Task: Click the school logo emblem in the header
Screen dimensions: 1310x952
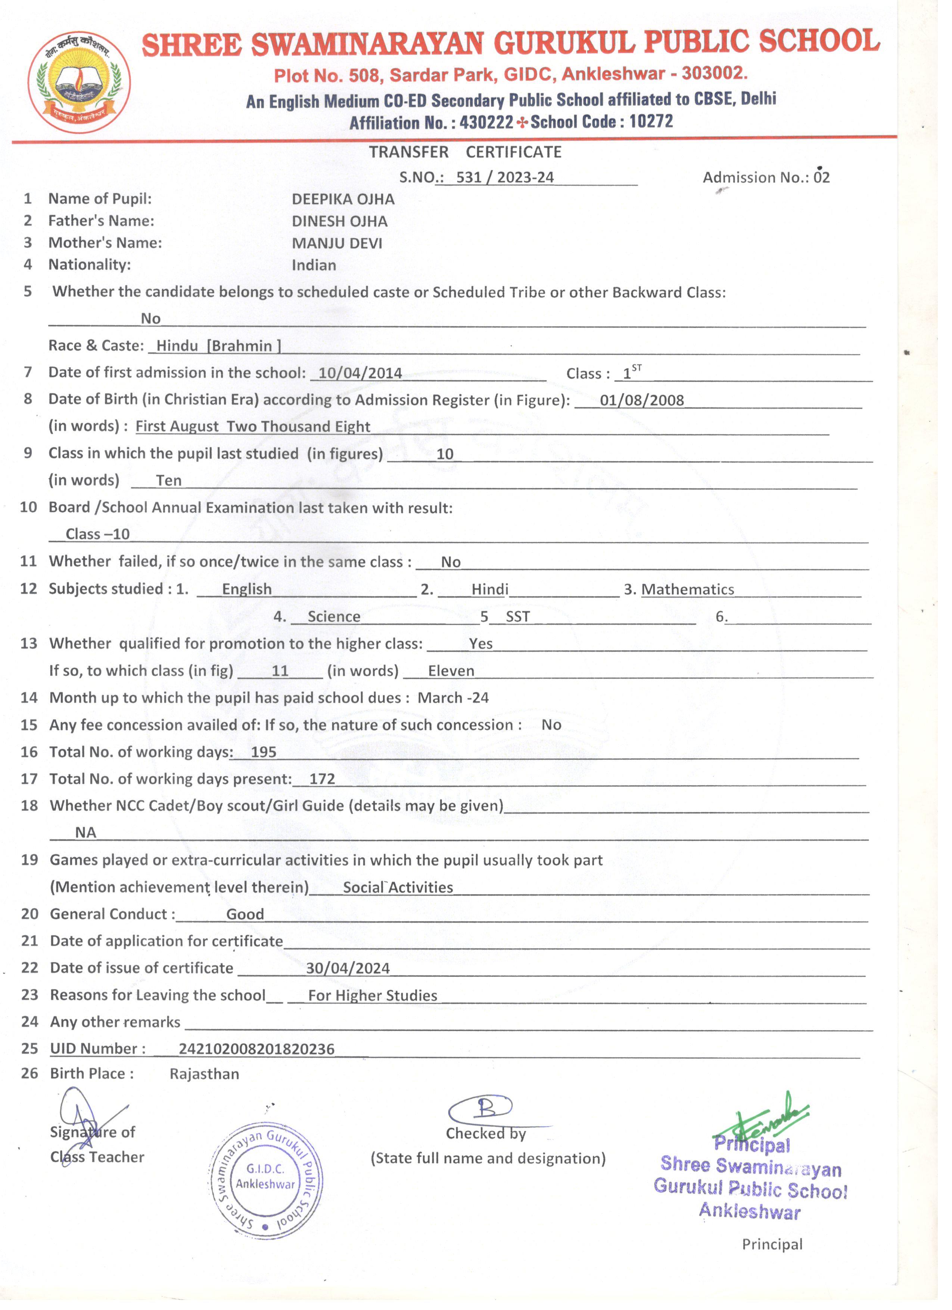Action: coord(79,82)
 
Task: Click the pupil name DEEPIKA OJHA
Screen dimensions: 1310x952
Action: coord(343,199)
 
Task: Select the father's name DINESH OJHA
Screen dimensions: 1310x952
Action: coord(339,221)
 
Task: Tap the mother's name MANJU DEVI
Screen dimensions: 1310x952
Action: coord(337,243)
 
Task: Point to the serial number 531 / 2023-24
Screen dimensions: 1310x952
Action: coord(505,177)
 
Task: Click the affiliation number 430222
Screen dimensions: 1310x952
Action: coord(486,123)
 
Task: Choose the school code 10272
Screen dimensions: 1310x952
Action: coord(651,121)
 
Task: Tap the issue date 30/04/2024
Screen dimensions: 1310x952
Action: coord(348,969)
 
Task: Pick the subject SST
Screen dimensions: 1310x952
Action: coord(517,617)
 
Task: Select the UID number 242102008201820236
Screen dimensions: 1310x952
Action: coord(256,1049)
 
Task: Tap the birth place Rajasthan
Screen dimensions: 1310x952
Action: coord(204,1074)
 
